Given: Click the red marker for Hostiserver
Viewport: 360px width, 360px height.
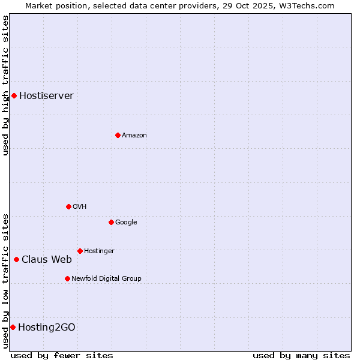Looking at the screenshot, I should (x=14, y=95).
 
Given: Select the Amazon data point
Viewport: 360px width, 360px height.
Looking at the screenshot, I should (x=118, y=135).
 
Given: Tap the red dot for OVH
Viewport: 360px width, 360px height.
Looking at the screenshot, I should (x=68, y=206).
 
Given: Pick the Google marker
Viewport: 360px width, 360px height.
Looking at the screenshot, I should (x=111, y=222).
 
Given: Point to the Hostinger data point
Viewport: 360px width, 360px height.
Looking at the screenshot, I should (x=80, y=251).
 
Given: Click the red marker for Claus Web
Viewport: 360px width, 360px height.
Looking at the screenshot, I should (x=16, y=259).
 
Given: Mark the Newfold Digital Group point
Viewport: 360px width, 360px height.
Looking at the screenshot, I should (x=67, y=278).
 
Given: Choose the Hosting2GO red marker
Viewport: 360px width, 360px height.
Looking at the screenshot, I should (x=13, y=327).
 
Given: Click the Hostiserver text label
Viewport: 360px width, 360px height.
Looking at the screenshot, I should (x=46, y=96).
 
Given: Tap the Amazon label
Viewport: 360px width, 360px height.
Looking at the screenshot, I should (x=134, y=136).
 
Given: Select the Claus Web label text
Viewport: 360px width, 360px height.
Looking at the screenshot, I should (x=46, y=260).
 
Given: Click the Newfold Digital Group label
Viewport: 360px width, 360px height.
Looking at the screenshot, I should (x=106, y=278).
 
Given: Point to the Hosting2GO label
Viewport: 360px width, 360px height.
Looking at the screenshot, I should (x=46, y=328).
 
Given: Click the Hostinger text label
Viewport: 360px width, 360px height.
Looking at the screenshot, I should (x=99, y=251).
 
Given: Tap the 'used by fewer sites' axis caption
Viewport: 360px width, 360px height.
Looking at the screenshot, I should (x=62, y=355).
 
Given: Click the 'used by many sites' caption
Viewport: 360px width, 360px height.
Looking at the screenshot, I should (x=301, y=355).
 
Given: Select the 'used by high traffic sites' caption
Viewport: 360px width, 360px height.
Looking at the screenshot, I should (x=5, y=85).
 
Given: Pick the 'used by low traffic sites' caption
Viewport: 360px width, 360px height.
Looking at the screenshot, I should (x=5, y=280).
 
